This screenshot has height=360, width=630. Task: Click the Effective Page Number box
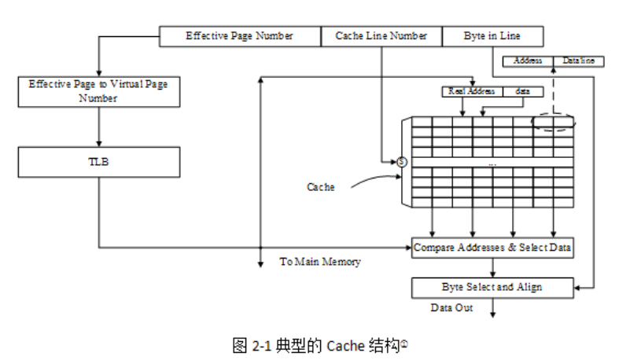(x=240, y=36)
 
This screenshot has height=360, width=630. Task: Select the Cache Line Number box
(x=381, y=36)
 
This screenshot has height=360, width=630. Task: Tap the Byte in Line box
(x=492, y=36)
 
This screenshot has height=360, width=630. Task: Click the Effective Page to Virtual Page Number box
(x=98, y=90)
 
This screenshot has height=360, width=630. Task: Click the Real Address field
(x=472, y=91)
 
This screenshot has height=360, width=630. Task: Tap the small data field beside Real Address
(x=523, y=91)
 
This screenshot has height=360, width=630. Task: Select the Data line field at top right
(x=578, y=61)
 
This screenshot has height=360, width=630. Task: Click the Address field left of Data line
(x=528, y=61)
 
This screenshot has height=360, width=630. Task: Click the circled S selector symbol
(x=401, y=162)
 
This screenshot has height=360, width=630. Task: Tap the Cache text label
(x=320, y=187)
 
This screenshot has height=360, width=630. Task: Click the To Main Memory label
(x=320, y=262)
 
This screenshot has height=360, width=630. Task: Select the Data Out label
(x=451, y=307)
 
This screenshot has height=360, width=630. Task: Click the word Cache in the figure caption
(x=346, y=344)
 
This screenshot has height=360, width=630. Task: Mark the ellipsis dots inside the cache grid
(x=492, y=163)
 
